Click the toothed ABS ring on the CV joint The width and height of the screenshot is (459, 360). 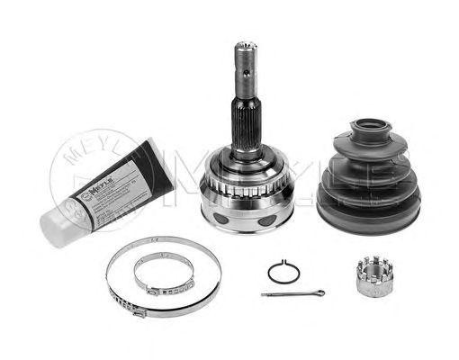point(241,193)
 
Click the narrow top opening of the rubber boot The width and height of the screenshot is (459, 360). point(367,127)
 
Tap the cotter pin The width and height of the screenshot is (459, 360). point(288,293)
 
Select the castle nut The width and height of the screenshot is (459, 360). point(368,274)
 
